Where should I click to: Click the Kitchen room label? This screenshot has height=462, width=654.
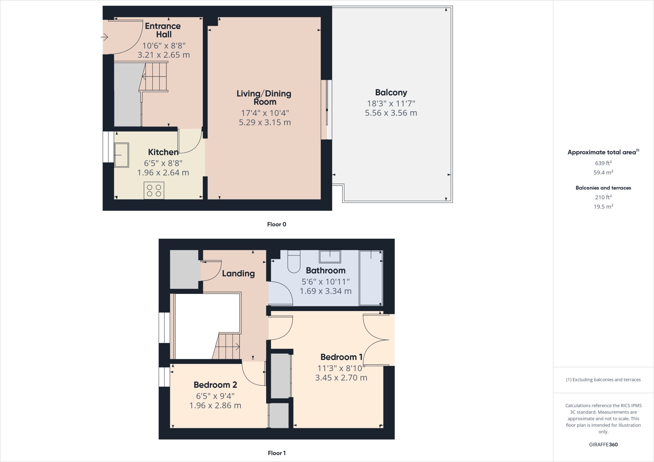click(x=163, y=152)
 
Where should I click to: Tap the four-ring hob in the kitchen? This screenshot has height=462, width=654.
click(x=154, y=190)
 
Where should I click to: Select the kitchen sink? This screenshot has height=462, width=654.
click(x=122, y=155)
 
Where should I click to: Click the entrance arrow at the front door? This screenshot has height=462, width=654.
click(x=105, y=37)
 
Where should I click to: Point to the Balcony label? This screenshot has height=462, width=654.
click(x=391, y=93)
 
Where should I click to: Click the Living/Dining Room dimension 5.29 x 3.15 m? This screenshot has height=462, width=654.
click(x=265, y=123)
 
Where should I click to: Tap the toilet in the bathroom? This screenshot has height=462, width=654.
click(x=294, y=262)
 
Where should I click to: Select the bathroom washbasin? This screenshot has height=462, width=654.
click(x=330, y=257)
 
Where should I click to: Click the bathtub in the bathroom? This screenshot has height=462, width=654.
click(x=371, y=278)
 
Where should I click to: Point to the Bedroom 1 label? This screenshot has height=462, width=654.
click(x=341, y=357)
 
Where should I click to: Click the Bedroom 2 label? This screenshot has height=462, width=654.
click(x=215, y=385)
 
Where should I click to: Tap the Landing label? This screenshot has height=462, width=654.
click(x=238, y=273)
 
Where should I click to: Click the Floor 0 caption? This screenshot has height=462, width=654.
click(x=277, y=224)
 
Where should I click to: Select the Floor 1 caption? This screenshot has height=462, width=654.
click(x=277, y=453)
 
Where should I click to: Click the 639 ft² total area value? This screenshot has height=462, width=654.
click(x=603, y=163)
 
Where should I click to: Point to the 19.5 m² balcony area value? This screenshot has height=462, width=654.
click(x=603, y=207)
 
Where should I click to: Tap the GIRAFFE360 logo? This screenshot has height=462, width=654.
click(x=603, y=444)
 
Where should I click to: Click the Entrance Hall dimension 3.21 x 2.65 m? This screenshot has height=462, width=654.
click(x=163, y=55)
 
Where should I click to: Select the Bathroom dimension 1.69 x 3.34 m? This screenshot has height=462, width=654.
click(x=325, y=291)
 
